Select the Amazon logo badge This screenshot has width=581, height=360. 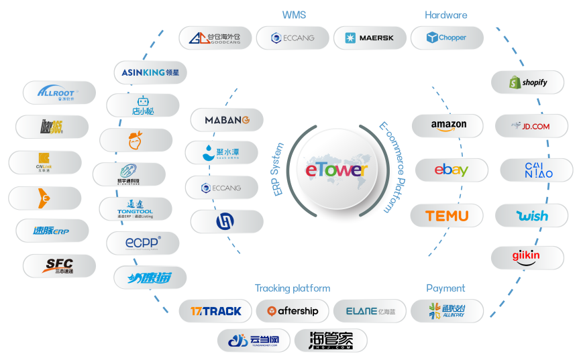[x=448, y=125]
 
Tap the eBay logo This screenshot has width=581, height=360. [x=451, y=170]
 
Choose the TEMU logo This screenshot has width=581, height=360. [x=447, y=216]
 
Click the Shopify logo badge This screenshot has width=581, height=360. [x=527, y=82]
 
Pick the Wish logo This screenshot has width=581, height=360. [x=532, y=216]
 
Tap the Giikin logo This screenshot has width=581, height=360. [x=527, y=257]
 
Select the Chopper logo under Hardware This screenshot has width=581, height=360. [x=447, y=38]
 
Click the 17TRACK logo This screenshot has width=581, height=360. [x=215, y=311]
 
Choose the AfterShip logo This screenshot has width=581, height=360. [x=293, y=311]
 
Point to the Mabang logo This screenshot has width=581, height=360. [x=227, y=120]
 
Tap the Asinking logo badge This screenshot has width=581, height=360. [x=150, y=72]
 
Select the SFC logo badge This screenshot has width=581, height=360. [x=59, y=265]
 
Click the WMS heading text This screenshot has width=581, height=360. [x=295, y=15]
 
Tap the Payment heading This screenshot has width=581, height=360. [x=445, y=288]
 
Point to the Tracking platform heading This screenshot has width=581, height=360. [x=293, y=288]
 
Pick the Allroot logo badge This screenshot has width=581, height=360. [x=59, y=93]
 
